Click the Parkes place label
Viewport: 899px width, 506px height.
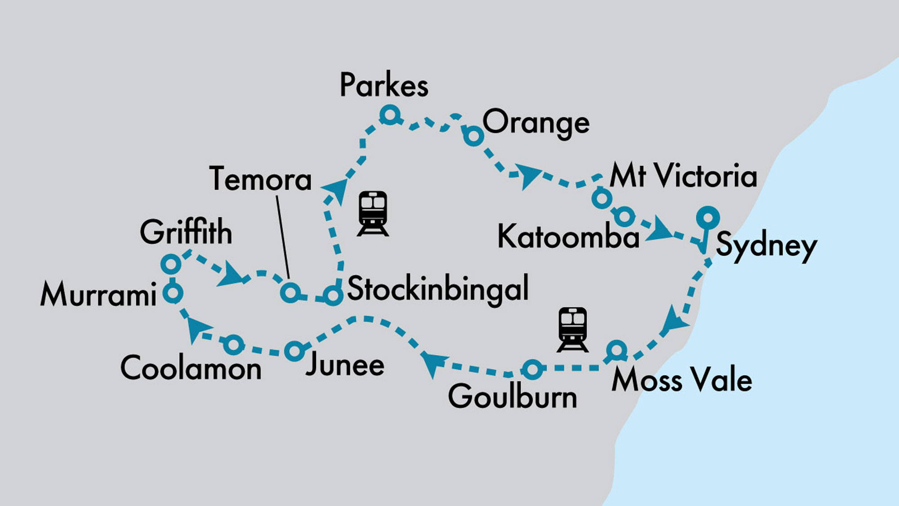pos(383,85)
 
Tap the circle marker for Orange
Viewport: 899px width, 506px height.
pos(473,135)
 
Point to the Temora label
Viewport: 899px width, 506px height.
pos(260,179)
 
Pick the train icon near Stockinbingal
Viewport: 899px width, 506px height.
pos(373,213)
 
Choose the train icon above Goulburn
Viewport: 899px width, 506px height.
pos(572,329)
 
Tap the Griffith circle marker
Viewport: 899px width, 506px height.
pos(171,264)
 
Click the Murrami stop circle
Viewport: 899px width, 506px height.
pos(173,293)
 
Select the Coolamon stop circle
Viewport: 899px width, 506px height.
pos(234,345)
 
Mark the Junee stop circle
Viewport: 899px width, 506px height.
pos(294,350)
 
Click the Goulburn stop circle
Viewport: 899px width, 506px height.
pos(532,369)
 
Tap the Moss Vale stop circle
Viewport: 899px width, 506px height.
pos(616,350)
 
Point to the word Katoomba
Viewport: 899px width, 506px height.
pos(568,237)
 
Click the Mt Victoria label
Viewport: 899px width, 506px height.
pos(683,176)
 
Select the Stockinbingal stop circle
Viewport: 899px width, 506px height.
pos(332,296)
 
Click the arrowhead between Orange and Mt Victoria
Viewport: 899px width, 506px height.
pos(527,175)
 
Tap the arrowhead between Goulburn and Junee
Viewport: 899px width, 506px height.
pos(432,362)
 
